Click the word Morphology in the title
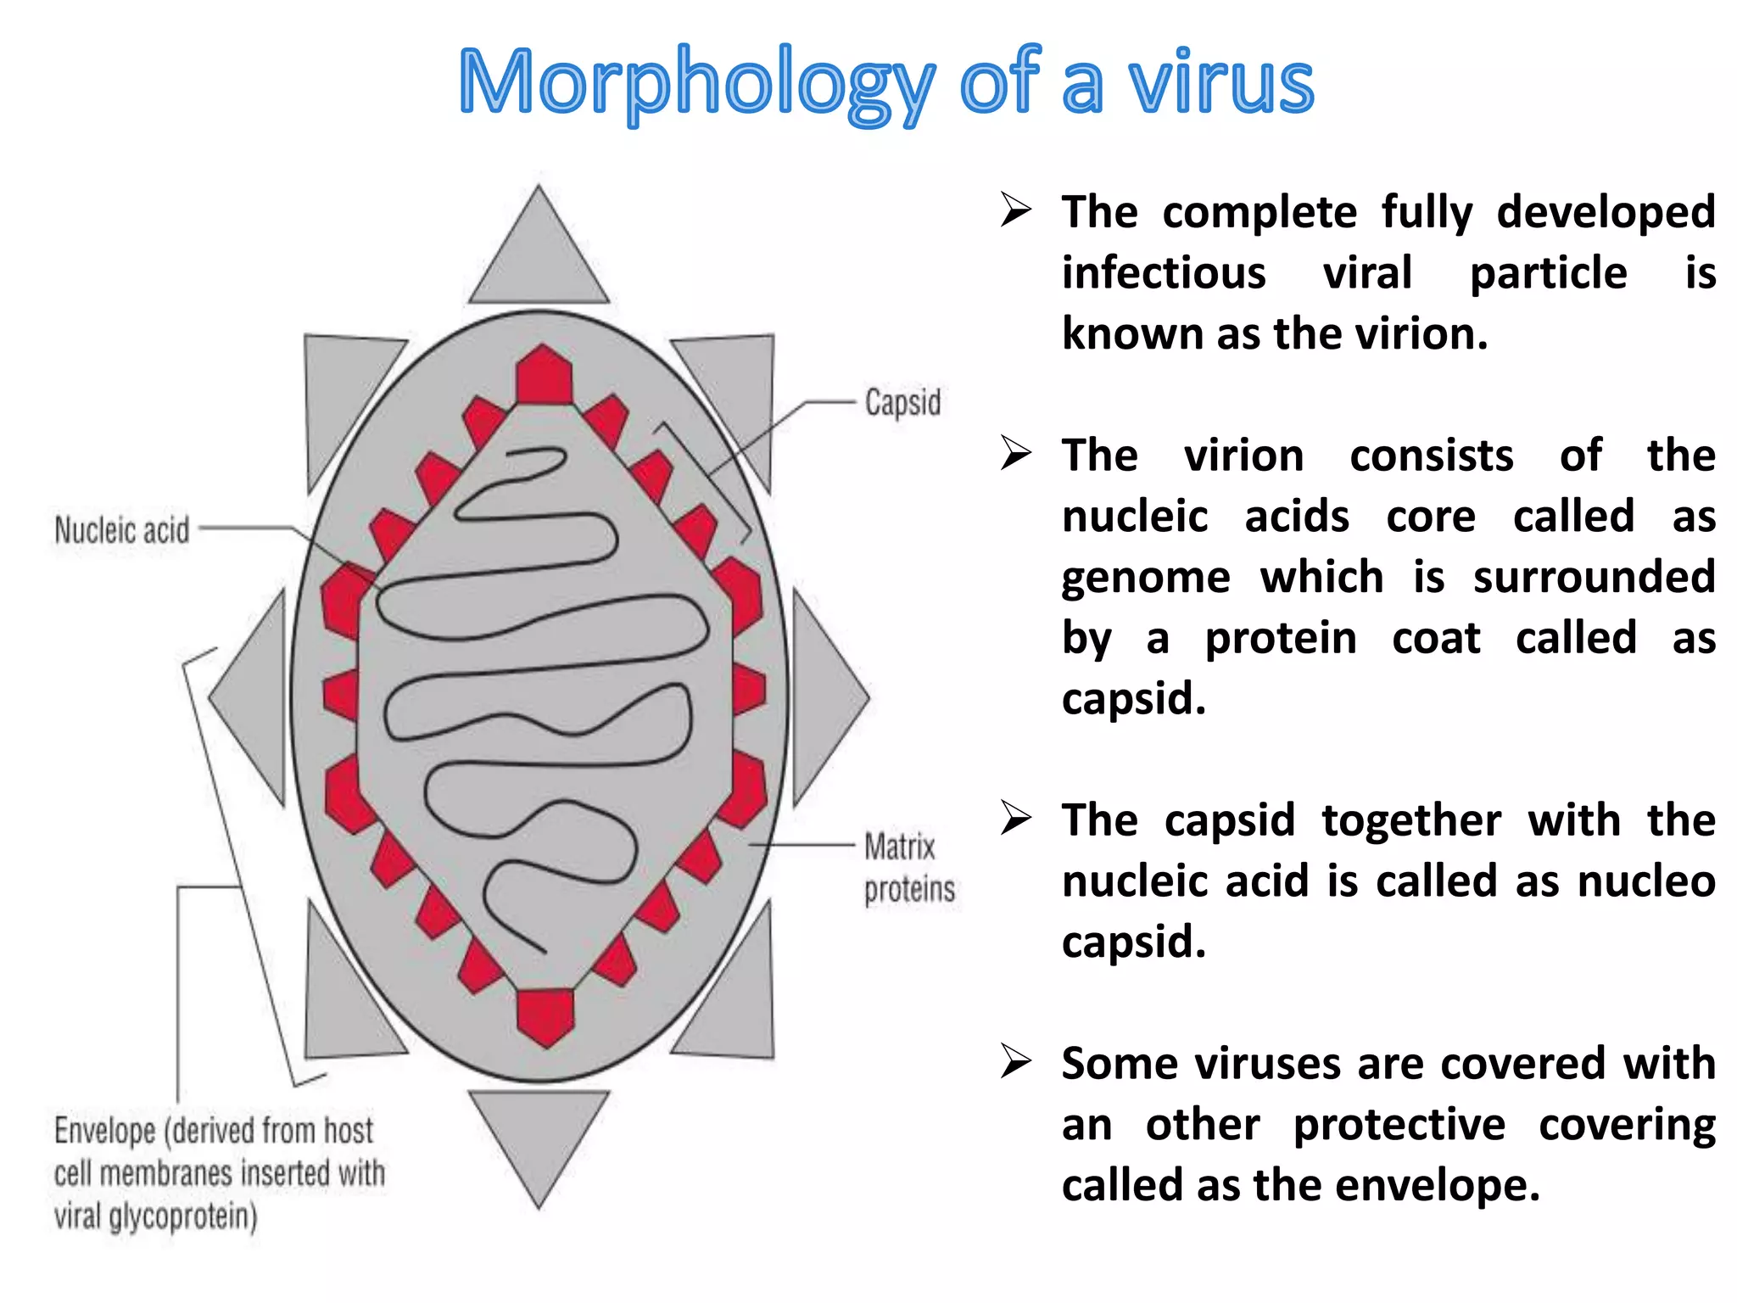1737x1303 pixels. (x=695, y=83)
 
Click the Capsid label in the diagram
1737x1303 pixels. (x=902, y=402)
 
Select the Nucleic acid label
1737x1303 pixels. (x=122, y=530)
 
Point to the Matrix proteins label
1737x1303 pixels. (x=908, y=867)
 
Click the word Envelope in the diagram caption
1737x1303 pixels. (x=105, y=1131)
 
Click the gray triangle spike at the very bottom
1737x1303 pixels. (x=539, y=1137)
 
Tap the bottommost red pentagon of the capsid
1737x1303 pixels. (x=545, y=1015)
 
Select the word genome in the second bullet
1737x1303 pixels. (x=1146, y=579)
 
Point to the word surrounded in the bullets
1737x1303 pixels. (x=1594, y=579)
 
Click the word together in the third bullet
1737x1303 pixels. (x=1411, y=821)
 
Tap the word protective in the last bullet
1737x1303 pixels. (x=1399, y=1126)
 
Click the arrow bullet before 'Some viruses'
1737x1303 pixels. (x=1015, y=1061)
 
